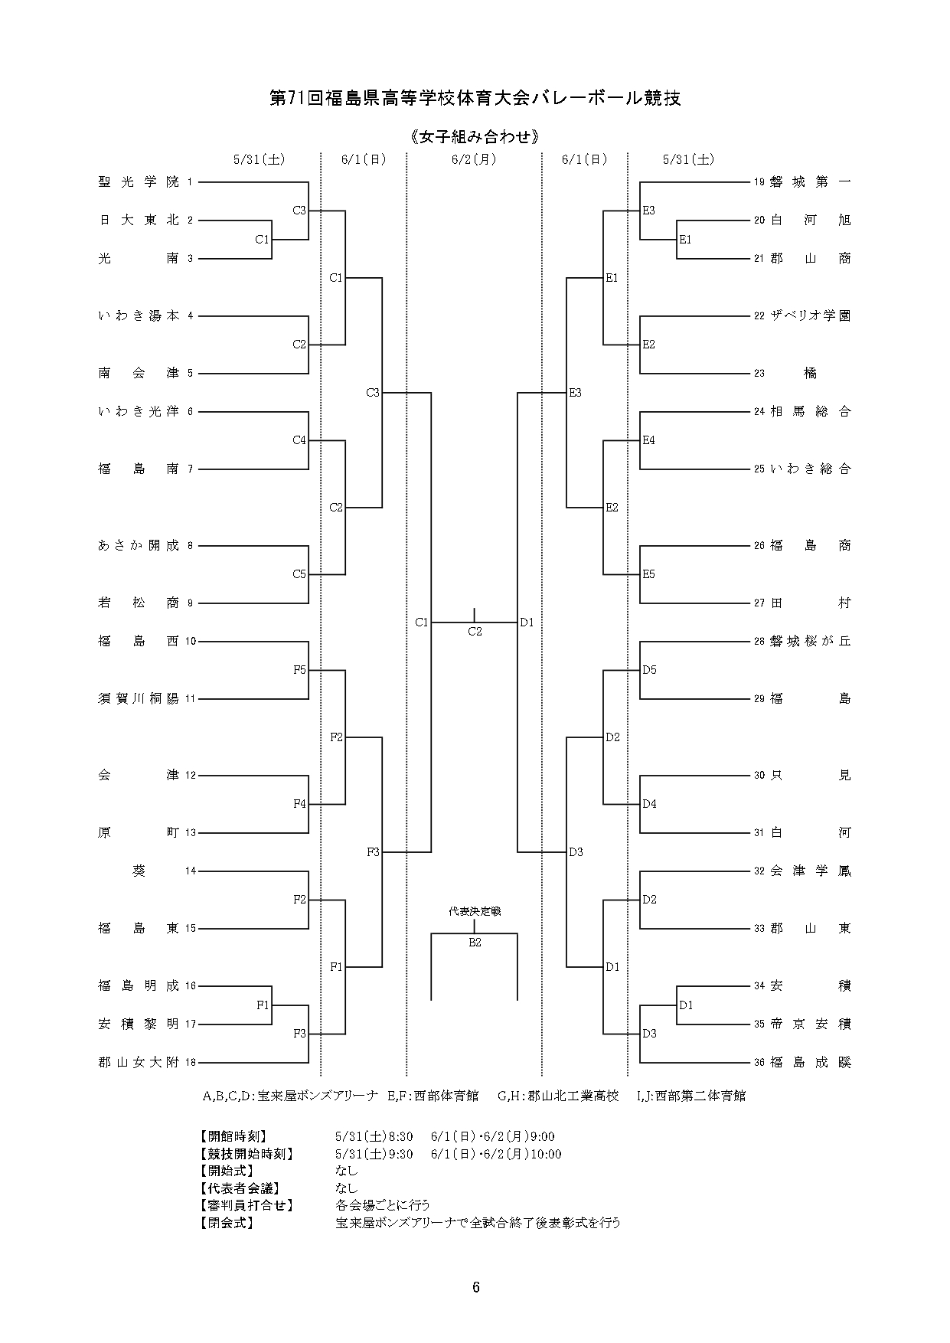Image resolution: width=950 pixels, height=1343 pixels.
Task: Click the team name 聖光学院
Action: click(x=139, y=182)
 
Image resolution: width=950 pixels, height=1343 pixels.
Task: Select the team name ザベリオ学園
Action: click(x=811, y=316)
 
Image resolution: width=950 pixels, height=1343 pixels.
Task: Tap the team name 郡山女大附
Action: click(x=139, y=1063)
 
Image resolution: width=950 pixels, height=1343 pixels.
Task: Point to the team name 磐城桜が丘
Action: click(x=811, y=642)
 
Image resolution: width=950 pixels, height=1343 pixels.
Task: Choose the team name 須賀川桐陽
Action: click(x=139, y=699)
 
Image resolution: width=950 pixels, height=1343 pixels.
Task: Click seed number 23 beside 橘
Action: click(x=759, y=374)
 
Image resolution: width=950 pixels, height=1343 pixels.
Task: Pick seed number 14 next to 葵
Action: click(x=191, y=871)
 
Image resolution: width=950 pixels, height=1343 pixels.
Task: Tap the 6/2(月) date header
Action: click(x=474, y=159)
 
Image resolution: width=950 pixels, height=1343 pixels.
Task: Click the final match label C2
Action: click(x=475, y=632)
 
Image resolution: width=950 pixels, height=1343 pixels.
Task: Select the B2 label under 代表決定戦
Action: click(x=475, y=943)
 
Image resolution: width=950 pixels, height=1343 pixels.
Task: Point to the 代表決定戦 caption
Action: click(x=475, y=911)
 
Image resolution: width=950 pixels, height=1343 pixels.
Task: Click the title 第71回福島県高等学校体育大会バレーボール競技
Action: click(x=475, y=98)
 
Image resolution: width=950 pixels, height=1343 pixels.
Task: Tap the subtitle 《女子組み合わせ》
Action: click(x=475, y=137)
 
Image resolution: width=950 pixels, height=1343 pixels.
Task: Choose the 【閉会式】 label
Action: click(x=226, y=1223)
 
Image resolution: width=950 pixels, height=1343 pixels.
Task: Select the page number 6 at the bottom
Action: click(x=475, y=1288)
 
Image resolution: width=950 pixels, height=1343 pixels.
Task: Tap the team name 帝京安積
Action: click(x=811, y=1024)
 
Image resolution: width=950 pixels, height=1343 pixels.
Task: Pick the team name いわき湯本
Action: click(x=139, y=316)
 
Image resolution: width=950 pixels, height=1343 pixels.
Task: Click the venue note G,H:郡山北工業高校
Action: click(x=558, y=1096)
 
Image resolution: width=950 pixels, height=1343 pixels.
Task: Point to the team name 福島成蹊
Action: click(x=811, y=1063)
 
